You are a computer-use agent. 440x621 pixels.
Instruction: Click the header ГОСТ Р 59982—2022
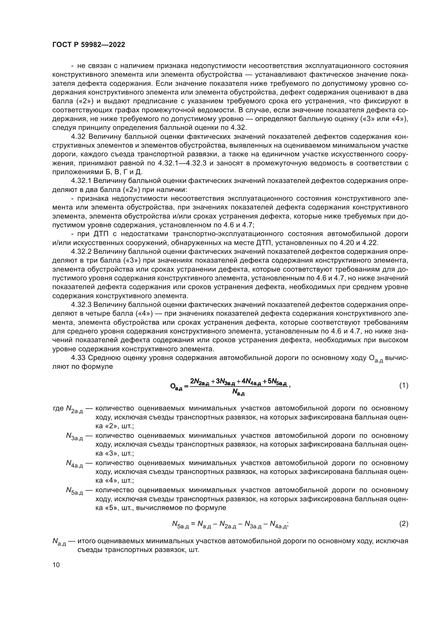[89, 45]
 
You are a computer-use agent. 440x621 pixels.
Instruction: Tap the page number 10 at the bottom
[56, 565]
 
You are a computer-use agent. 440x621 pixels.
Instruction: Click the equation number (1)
[404, 386]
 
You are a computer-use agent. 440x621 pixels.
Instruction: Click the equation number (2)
[404, 524]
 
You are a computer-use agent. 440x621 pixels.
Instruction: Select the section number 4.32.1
[81, 181]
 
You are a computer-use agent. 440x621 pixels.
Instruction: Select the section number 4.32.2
[81, 251]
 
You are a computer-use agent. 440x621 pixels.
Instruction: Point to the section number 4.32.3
[81, 305]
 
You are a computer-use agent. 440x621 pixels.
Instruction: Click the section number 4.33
[78, 358]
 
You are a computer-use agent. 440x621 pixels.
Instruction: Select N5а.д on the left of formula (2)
[180, 525]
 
